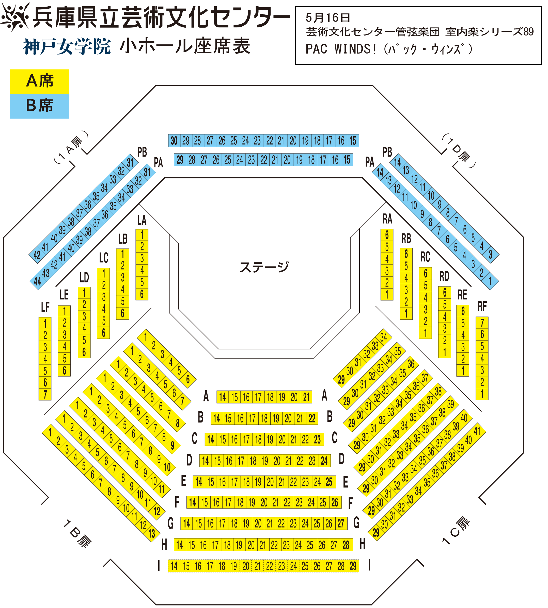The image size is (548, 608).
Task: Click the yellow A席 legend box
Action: coord(39,81)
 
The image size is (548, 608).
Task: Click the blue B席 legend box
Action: coord(39,106)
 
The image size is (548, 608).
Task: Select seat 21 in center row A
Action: coord(306,397)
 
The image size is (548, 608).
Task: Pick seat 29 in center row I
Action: coord(353,566)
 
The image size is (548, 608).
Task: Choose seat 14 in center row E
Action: coord(199,482)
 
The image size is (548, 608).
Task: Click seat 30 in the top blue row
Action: coord(174,140)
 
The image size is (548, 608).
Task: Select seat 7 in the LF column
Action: coord(45,394)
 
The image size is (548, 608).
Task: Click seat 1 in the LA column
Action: coord(142,234)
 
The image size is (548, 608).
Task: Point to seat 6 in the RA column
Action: coord(387,234)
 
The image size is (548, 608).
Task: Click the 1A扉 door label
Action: coord(71,147)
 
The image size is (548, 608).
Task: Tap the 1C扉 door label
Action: coord(456,531)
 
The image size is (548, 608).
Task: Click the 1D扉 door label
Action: coord(459,150)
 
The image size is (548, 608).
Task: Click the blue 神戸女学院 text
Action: coord(67,47)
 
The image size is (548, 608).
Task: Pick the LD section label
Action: coord(84,277)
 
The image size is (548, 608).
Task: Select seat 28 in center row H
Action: coord(346,545)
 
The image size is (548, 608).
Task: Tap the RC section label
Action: coord(425,257)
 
